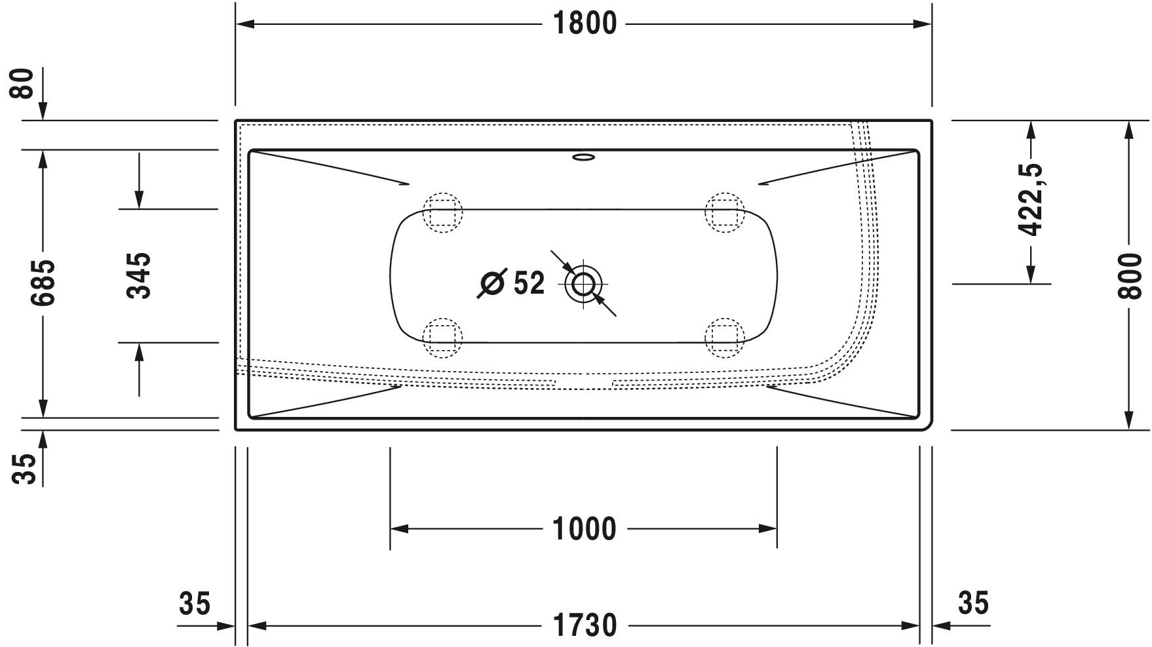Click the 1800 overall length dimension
585,24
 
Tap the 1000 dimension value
585,529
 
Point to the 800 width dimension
1129,275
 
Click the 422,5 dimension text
1031,199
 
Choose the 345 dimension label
139,275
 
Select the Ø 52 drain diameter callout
511,283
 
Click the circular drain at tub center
583,284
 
